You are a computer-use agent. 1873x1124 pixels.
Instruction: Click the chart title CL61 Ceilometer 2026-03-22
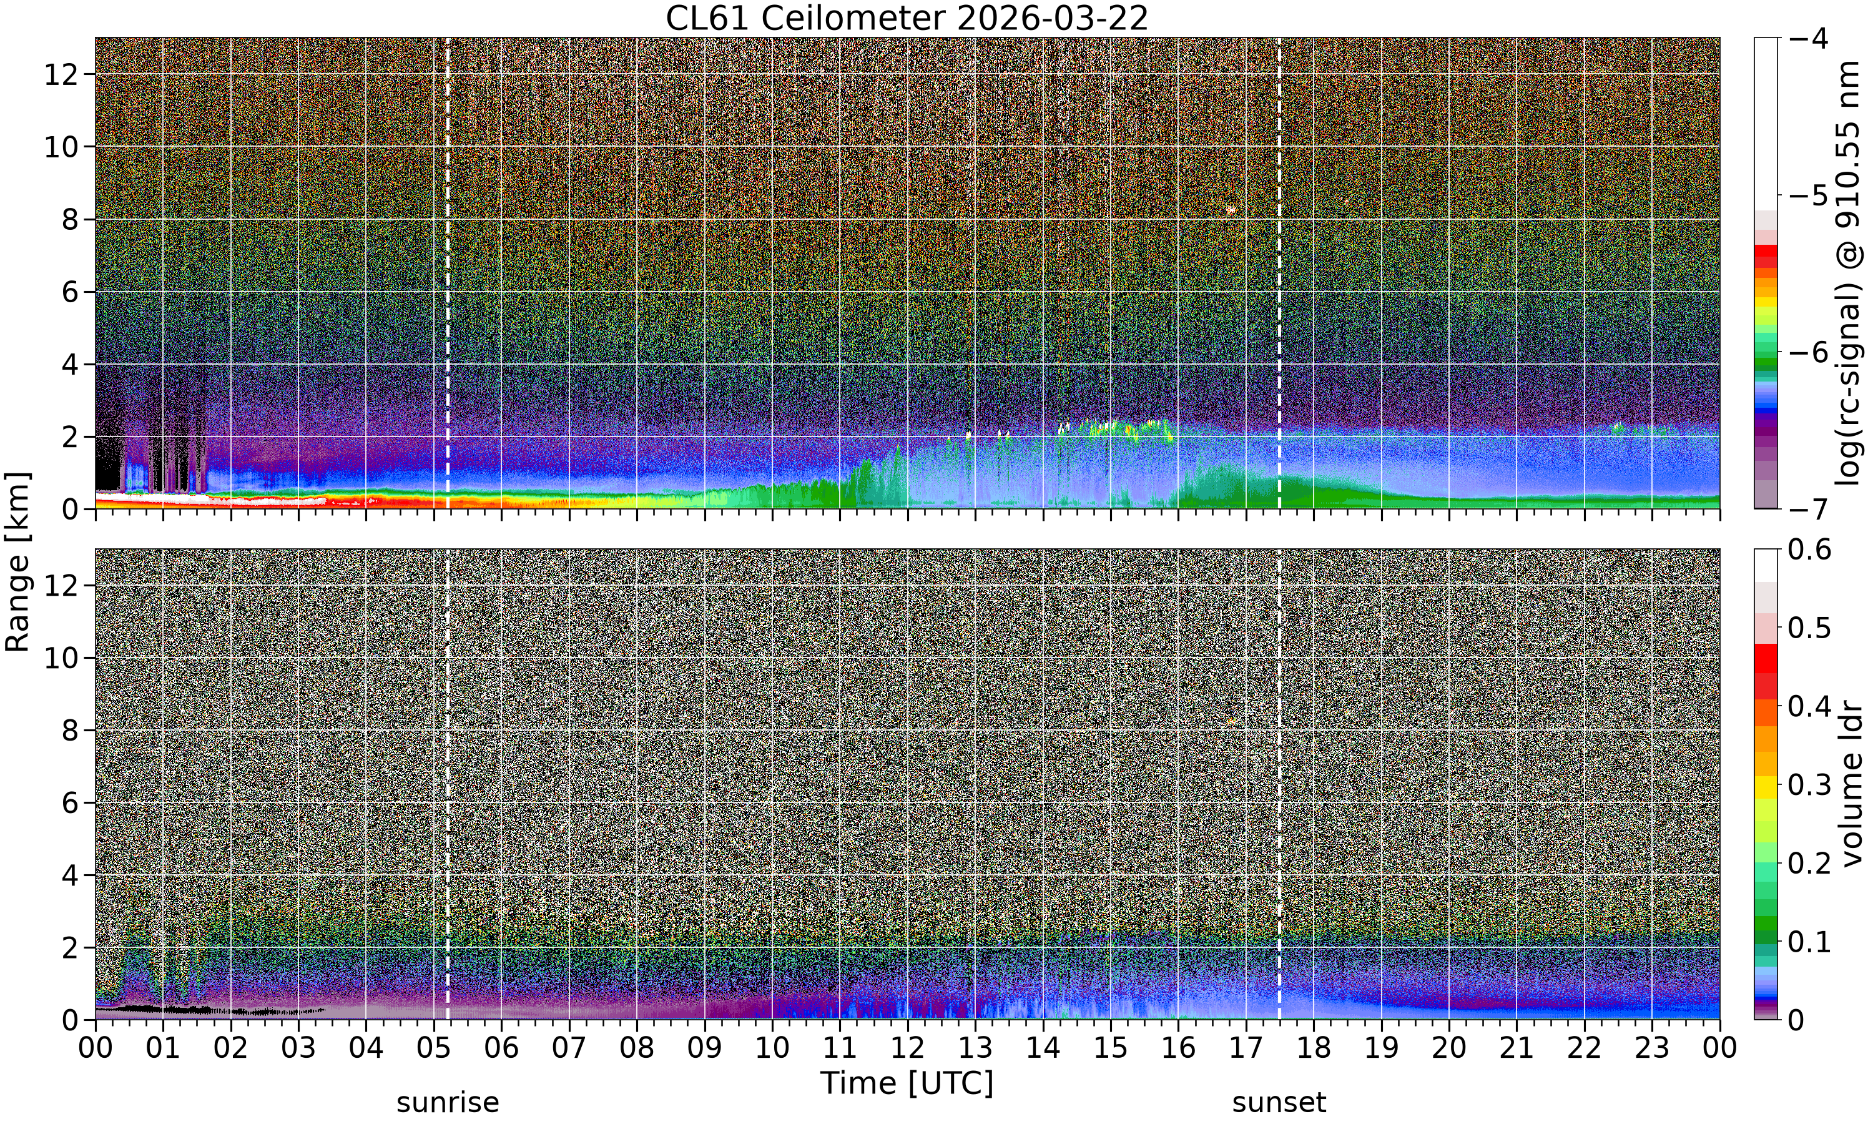click(x=907, y=18)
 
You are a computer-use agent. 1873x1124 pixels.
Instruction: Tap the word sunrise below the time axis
click(x=448, y=1103)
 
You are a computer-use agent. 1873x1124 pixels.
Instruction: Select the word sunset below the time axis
click(x=1279, y=1103)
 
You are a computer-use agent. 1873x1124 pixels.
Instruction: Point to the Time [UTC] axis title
click(x=907, y=1084)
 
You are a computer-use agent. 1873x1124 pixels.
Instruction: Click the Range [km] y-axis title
click(x=17, y=561)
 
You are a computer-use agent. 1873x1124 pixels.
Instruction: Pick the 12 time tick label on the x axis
click(x=907, y=1048)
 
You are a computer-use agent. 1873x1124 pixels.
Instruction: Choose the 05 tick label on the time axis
click(x=433, y=1048)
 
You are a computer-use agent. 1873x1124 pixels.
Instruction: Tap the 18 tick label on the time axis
click(x=1314, y=1048)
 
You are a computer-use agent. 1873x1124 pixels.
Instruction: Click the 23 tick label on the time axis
click(x=1652, y=1048)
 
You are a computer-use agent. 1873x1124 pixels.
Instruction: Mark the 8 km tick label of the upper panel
click(x=71, y=220)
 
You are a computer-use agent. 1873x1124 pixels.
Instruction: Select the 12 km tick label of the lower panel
click(x=61, y=586)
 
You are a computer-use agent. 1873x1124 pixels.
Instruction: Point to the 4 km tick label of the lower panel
click(x=71, y=875)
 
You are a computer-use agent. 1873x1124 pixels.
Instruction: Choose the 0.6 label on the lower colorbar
click(x=1809, y=549)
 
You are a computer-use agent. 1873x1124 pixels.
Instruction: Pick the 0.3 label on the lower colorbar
click(x=1809, y=785)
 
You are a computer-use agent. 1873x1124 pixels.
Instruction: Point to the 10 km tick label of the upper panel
click(x=61, y=147)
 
